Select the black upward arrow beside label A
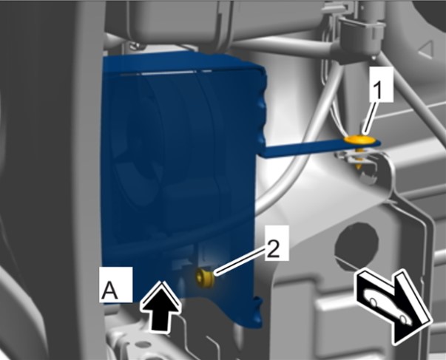tap(161, 305)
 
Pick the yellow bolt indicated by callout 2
tap(205, 279)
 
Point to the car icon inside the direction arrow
tap(388, 305)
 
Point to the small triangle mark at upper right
tap(426, 50)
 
